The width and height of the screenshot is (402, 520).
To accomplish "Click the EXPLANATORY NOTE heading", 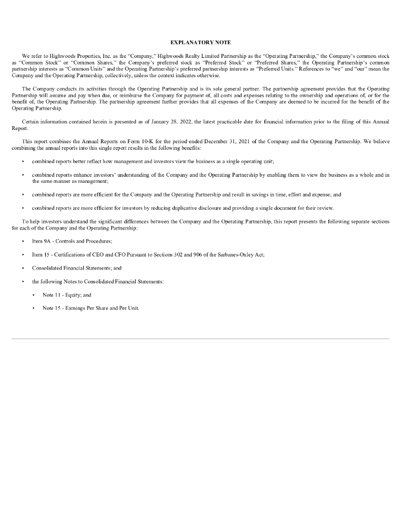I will pos(200,42).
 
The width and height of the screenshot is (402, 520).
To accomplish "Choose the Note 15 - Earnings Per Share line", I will pos(91,308).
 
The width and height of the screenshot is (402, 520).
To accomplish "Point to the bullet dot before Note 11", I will pos(34,295).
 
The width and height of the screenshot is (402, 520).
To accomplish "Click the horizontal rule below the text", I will pos(200,338).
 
